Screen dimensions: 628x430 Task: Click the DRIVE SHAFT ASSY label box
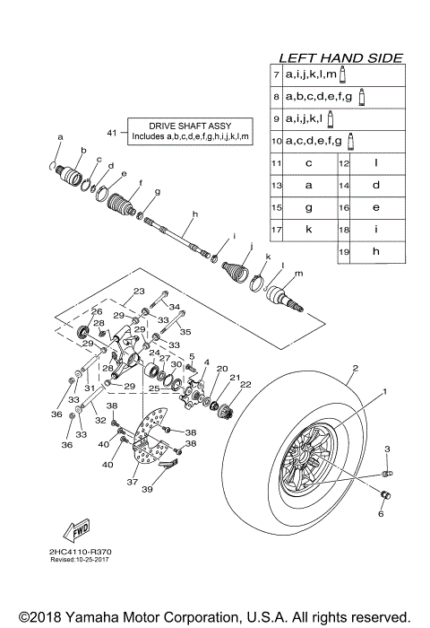191,131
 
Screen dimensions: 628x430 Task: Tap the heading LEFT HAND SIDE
340,57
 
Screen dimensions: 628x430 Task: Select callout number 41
112,133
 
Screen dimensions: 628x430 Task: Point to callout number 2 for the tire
355,368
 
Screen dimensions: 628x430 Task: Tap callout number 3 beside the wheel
387,448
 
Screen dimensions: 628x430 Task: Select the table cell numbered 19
343,252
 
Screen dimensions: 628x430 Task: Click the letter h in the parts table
376,252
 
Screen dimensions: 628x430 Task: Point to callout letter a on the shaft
60,137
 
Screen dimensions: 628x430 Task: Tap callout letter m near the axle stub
297,274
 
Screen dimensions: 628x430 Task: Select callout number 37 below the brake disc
133,482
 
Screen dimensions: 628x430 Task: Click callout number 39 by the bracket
147,490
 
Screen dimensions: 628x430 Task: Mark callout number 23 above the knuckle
139,291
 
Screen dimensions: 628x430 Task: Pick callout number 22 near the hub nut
245,385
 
